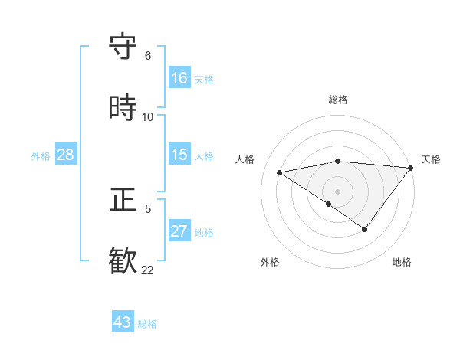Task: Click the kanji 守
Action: pyautogui.click(x=123, y=47)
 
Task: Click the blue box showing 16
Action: pyautogui.click(x=179, y=78)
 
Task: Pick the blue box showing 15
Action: pyautogui.click(x=179, y=155)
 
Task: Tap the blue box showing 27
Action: pyautogui.click(x=179, y=231)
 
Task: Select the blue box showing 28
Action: pyautogui.click(x=66, y=155)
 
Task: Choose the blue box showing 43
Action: pyautogui.click(x=123, y=322)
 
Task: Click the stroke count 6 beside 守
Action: pyautogui.click(x=148, y=56)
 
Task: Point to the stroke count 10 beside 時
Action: pyautogui.click(x=148, y=117)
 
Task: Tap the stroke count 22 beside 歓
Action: pyautogui.click(x=148, y=270)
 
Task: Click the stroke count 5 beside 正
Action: pyautogui.click(x=148, y=208)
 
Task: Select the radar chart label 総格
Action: pyautogui.click(x=338, y=100)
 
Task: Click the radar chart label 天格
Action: pyautogui.click(x=431, y=159)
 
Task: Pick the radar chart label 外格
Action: pyautogui.click(x=270, y=262)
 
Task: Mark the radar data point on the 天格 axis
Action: pyautogui.click(x=411, y=167)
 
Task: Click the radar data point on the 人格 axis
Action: pyautogui.click(x=280, y=172)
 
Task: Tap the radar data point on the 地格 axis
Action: pyautogui.click(x=365, y=229)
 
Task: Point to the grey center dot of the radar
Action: pyautogui.click(x=338, y=191)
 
